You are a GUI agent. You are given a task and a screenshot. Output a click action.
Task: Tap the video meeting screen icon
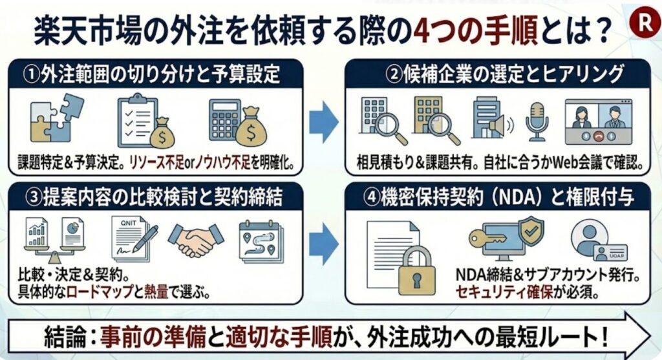(597, 122)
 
